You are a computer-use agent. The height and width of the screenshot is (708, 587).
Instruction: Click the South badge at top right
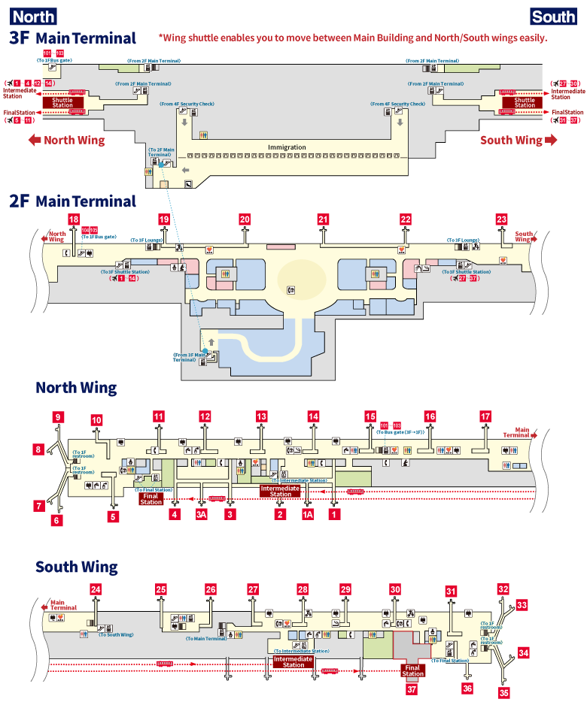pyautogui.click(x=553, y=17)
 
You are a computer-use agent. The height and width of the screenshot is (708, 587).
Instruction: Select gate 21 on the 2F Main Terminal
pyautogui.click(x=324, y=219)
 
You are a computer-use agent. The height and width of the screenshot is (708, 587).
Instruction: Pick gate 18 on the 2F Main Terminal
pyautogui.click(x=73, y=219)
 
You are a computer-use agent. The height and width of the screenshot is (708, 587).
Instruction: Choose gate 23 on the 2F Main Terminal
pyautogui.click(x=502, y=219)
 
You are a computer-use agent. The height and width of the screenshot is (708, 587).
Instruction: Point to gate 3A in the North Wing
pyautogui.click(x=201, y=515)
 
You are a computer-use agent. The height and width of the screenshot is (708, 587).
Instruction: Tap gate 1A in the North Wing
pyautogui.click(x=307, y=515)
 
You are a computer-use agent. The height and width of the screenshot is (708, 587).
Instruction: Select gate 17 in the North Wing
pyautogui.click(x=485, y=416)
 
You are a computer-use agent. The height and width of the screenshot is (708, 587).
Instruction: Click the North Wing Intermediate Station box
pyautogui.click(x=280, y=491)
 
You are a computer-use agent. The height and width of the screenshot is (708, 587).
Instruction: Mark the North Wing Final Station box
pyautogui.click(x=151, y=498)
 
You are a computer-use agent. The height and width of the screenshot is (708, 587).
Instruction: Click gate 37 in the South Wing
pyautogui.click(x=411, y=688)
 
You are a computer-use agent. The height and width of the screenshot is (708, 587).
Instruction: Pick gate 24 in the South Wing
pyautogui.click(x=96, y=590)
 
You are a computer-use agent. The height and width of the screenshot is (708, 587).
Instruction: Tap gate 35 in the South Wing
pyautogui.click(x=503, y=692)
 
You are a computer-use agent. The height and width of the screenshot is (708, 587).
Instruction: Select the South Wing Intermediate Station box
pyautogui.click(x=293, y=661)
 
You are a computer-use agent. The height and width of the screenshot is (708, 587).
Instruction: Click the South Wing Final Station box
pyautogui.click(x=412, y=670)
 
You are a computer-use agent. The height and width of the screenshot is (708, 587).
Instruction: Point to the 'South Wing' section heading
pyautogui.click(x=77, y=567)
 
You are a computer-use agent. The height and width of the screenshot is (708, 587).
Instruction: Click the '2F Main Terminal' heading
pyautogui.click(x=72, y=201)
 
